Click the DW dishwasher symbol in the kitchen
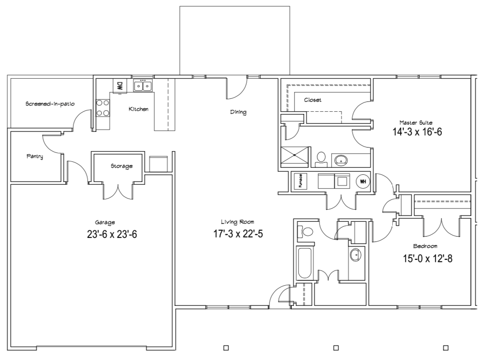(x=120, y=86)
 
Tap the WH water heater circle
(x=363, y=181)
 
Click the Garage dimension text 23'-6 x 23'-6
(x=112, y=234)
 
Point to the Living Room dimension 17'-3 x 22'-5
(x=238, y=234)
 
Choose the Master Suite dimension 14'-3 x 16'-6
(x=417, y=132)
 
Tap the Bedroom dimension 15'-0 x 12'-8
(x=428, y=258)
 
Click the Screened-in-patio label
(x=50, y=104)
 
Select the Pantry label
(x=35, y=156)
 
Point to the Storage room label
(x=122, y=166)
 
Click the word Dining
(x=239, y=112)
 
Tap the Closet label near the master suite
(x=313, y=100)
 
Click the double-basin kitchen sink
(x=143, y=85)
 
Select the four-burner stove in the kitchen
(x=103, y=108)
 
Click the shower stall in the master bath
(x=294, y=157)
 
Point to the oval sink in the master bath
(x=341, y=160)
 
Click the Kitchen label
(x=139, y=109)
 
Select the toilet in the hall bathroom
(x=305, y=232)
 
